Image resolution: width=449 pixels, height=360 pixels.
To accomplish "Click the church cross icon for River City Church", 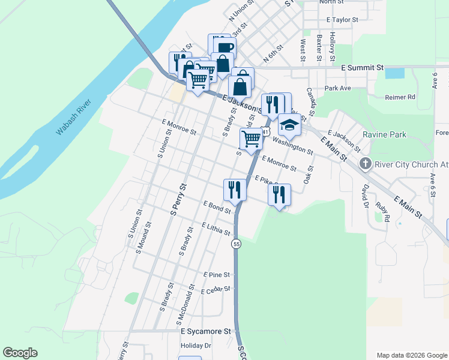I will pos(364,164).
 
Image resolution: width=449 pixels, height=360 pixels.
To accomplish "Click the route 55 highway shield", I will pos(237,244).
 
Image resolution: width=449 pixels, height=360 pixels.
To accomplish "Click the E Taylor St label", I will pos(342,20).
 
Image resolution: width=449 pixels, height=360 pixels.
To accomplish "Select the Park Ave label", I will pos(337,88).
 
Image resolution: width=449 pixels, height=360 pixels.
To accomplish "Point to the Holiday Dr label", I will pos(196,346).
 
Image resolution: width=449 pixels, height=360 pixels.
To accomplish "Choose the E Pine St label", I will pos(216,275).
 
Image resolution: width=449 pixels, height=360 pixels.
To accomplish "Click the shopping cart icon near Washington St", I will pos(252,139).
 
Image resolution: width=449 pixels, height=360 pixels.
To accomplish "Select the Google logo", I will pos(20,353).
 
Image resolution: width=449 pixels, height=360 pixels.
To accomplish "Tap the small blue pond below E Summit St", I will pos(394,74).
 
